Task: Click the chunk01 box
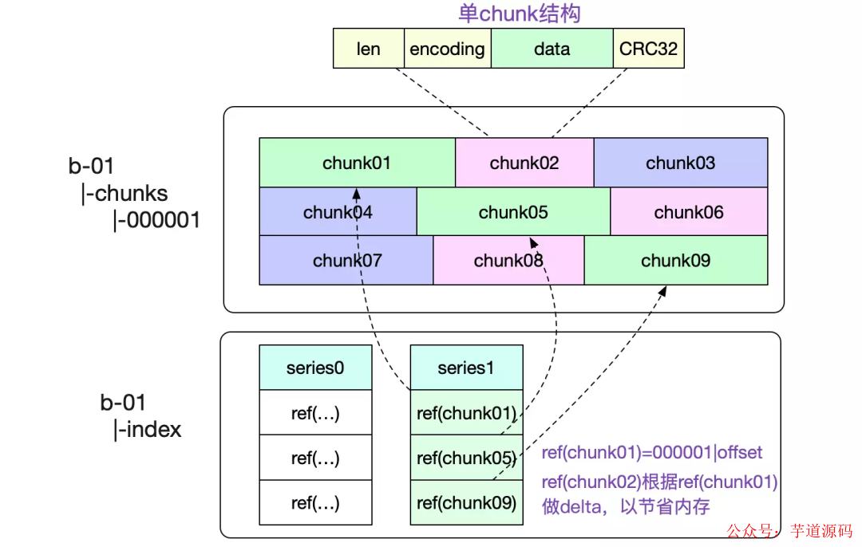tap(357, 163)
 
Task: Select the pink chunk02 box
tap(524, 163)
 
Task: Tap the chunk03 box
tap(680, 163)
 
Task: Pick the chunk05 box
tap(513, 212)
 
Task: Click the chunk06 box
tap(689, 212)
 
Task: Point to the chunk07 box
tap(346, 260)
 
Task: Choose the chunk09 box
tap(676, 260)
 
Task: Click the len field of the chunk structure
tap(369, 49)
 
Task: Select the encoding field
tap(447, 49)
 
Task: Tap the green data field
tap(552, 49)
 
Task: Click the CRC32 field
tap(648, 49)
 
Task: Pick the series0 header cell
tap(315, 368)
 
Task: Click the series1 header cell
tap(466, 368)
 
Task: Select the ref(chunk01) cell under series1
tap(466, 413)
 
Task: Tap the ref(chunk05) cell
tap(466, 458)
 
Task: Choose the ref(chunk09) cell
tap(466, 503)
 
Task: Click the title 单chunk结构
tap(519, 13)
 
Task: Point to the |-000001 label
tap(156, 219)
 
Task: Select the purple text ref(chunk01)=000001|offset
tap(652, 453)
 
